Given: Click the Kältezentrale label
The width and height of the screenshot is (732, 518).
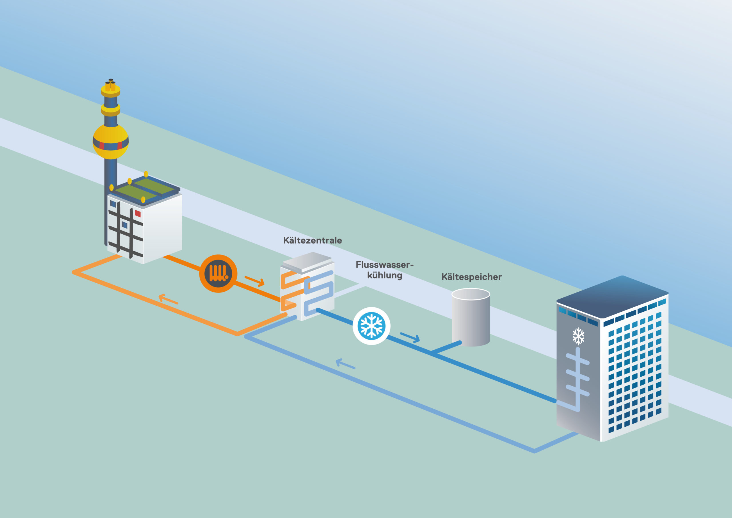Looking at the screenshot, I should [312, 240].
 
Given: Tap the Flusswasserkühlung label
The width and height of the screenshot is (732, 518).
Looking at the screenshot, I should [384, 270].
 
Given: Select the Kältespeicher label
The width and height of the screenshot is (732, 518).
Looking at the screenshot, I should [471, 277].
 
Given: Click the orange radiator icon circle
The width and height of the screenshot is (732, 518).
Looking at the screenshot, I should [218, 274].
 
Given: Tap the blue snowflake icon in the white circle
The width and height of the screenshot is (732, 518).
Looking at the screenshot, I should [371, 326].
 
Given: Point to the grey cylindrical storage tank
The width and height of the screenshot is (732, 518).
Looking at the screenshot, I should [471, 319].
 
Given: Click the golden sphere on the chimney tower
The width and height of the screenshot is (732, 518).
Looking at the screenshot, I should [111, 141].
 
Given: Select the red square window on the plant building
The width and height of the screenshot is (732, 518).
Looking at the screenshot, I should [138, 213].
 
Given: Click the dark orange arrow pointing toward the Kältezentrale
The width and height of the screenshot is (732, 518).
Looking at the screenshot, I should [255, 281].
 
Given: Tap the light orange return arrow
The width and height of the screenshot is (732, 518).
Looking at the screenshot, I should [168, 299].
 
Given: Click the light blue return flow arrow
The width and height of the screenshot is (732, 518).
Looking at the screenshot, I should [345, 364].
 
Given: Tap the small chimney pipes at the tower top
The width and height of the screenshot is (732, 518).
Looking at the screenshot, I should [110, 85].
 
